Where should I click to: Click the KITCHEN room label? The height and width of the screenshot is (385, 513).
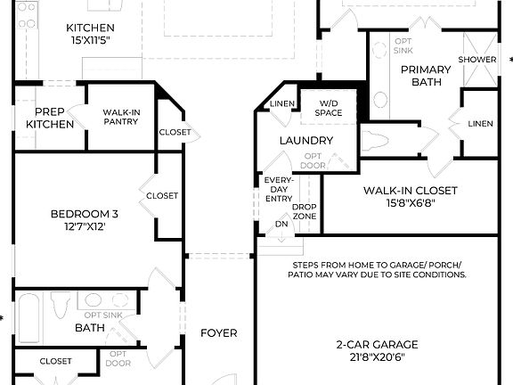(x=90, y=28)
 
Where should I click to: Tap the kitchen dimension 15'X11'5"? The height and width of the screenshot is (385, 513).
(x=90, y=40)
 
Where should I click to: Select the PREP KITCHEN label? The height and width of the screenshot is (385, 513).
(x=49, y=118)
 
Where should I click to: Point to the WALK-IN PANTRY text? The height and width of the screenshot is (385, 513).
(x=120, y=117)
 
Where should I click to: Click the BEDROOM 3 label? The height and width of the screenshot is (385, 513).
(x=84, y=214)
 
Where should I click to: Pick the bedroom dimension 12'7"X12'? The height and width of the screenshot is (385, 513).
(x=84, y=226)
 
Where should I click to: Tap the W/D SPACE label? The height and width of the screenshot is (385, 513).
(x=330, y=109)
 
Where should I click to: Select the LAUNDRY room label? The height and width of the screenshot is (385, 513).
(x=305, y=141)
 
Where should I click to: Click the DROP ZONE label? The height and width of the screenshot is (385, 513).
(x=305, y=211)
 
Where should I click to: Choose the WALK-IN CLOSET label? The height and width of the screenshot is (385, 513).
(x=410, y=191)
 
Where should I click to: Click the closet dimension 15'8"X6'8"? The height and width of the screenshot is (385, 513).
(x=410, y=203)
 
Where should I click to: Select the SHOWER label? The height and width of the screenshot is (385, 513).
(x=477, y=60)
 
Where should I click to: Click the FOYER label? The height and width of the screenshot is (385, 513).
(x=218, y=333)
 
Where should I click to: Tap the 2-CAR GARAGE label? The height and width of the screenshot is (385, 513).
(x=377, y=344)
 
